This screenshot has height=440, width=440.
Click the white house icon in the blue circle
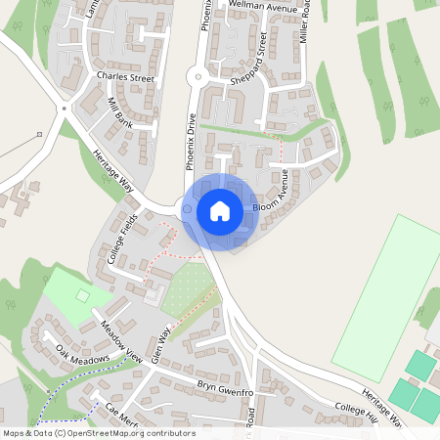pyautogui.click(x=220, y=210)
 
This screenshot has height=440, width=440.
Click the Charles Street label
pyautogui.click(x=125, y=75)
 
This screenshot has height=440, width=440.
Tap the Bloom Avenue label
pyautogui.click(x=273, y=194)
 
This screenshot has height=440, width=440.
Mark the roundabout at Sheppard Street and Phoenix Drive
pyautogui.click(x=196, y=75)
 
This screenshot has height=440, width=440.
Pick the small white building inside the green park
pyautogui.click(x=82, y=294)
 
